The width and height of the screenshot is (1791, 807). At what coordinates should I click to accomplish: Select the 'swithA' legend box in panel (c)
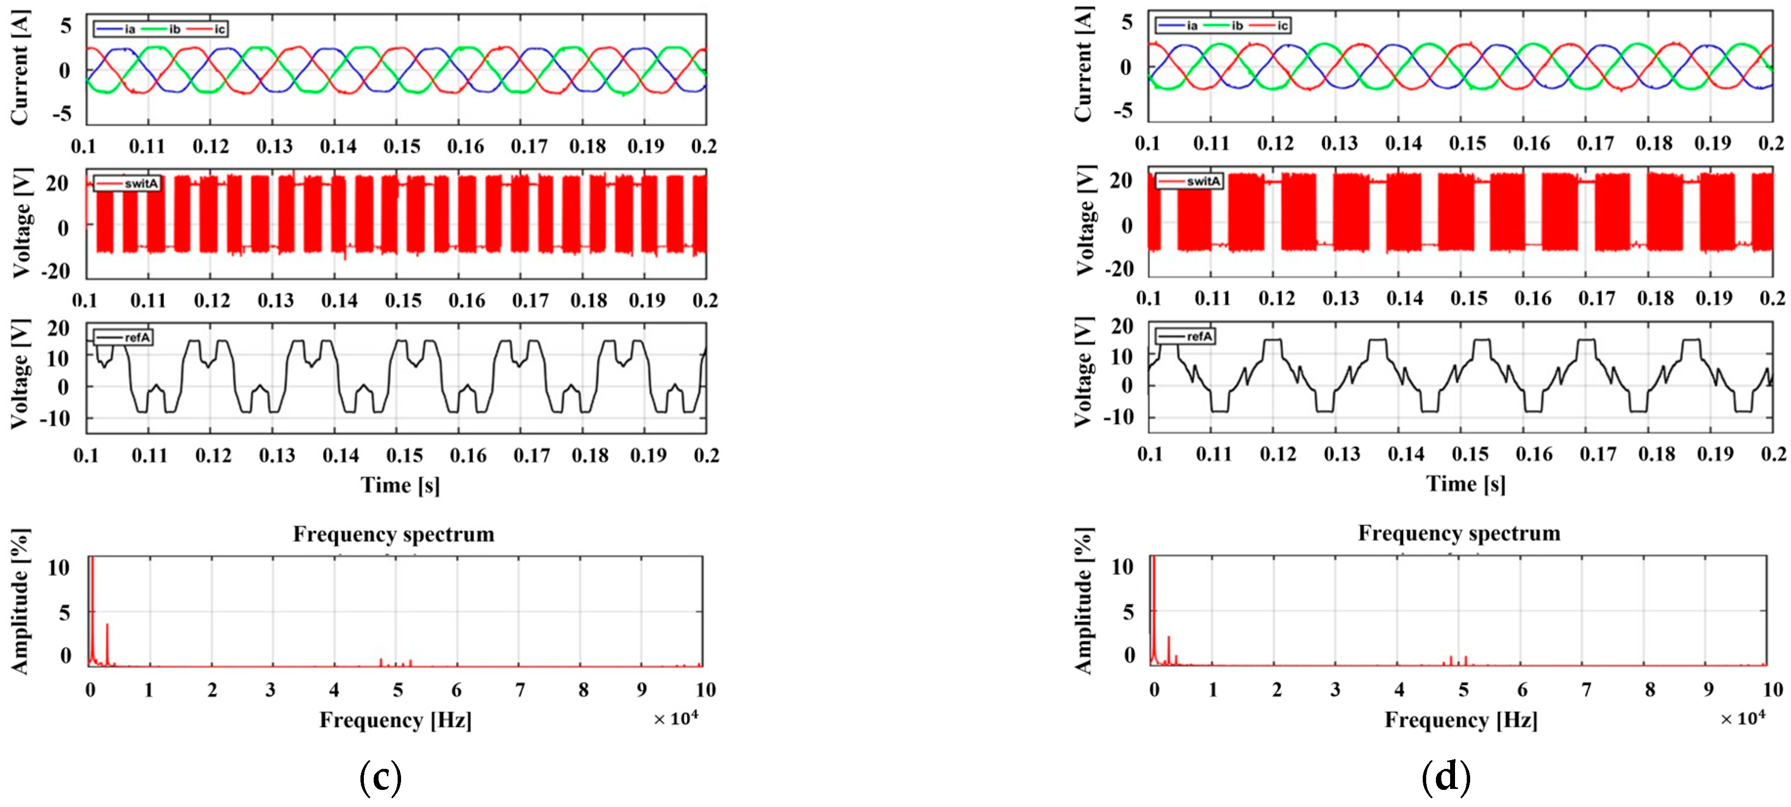point(127,183)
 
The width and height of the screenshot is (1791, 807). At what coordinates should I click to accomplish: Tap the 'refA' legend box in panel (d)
point(1186,336)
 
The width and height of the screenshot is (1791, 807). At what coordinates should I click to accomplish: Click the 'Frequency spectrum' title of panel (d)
point(1458,533)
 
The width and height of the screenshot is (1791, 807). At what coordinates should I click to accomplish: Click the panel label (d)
point(1446,776)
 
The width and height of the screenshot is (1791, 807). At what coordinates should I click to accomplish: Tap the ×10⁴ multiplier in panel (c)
point(675,719)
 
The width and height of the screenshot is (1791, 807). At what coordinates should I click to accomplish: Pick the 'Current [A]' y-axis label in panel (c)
point(20,67)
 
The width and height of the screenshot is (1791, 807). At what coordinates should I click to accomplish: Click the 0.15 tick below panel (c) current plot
point(402,147)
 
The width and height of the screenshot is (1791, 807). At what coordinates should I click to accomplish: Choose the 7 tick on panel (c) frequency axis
point(520,690)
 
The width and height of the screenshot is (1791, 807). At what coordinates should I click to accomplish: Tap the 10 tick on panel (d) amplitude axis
point(1123,567)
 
